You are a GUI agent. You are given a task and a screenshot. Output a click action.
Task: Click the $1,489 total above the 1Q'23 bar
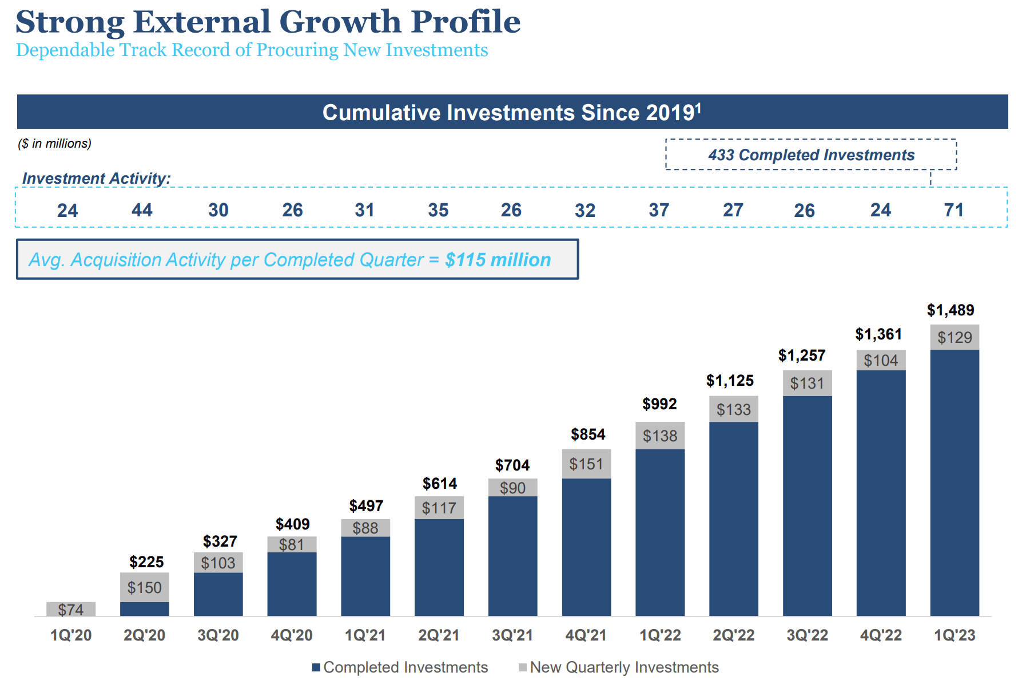point(950,310)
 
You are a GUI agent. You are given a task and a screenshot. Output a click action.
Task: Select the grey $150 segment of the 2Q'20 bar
point(144,587)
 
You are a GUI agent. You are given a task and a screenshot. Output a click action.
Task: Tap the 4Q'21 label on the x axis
point(586,635)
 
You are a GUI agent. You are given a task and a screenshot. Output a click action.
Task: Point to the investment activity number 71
point(953,210)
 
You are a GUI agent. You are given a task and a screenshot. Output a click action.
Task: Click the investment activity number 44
point(142,210)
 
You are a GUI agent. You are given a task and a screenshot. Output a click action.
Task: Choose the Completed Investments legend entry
point(400,667)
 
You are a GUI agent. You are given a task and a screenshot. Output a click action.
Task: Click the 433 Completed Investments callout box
point(810,155)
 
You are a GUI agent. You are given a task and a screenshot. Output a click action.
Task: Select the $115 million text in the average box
point(498,260)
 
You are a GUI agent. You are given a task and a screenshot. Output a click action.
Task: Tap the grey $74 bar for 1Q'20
point(71,609)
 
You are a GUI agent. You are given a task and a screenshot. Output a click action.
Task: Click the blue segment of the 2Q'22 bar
point(733,518)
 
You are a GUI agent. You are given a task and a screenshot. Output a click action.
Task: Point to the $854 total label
point(587,434)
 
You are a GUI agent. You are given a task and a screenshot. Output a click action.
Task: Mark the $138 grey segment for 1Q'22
point(659,436)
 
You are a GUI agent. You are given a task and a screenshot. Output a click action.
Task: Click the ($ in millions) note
point(54,144)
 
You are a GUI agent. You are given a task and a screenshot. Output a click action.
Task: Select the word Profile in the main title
point(465,22)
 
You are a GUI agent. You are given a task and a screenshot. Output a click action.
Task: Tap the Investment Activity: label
point(96,179)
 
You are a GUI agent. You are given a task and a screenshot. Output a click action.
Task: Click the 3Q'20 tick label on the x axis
point(218,635)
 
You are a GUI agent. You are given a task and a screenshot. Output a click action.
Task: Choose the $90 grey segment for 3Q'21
point(512,488)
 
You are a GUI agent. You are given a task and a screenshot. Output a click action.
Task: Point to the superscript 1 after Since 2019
point(698,106)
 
